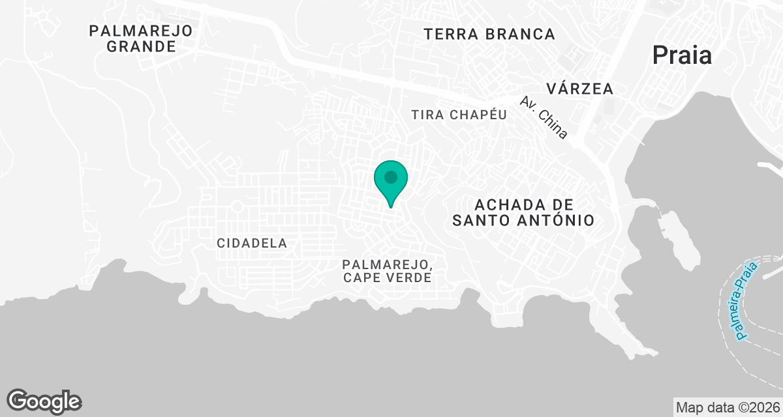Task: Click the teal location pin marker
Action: click(x=391, y=180)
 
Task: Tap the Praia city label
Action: click(x=682, y=56)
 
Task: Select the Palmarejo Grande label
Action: click(x=142, y=38)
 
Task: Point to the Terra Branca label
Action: click(x=489, y=34)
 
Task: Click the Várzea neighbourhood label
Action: click(x=580, y=88)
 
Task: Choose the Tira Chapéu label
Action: click(x=459, y=115)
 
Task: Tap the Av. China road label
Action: click(x=544, y=118)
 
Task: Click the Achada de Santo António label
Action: click(x=523, y=212)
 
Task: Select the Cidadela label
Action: click(x=252, y=243)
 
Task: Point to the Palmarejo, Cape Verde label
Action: click(x=387, y=270)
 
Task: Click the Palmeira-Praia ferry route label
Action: click(x=746, y=300)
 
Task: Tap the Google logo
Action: click(x=44, y=401)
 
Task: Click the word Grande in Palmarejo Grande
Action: click(x=142, y=47)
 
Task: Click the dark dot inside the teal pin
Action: click(x=391, y=177)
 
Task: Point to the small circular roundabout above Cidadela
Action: click(x=236, y=207)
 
